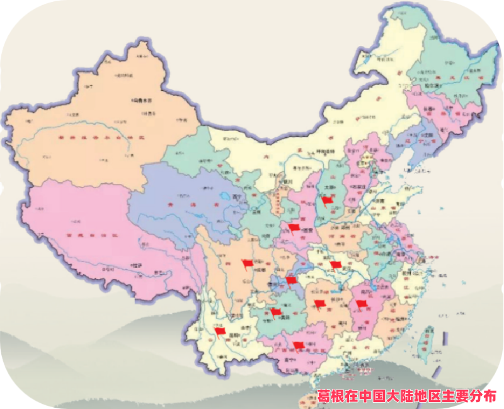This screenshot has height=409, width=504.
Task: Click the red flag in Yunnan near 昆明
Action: pos(219,331)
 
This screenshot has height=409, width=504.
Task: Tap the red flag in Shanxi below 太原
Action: pos(326,201)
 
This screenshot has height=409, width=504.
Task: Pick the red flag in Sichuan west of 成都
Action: pos(247,264)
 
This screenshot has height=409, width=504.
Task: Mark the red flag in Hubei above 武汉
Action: pos(335,265)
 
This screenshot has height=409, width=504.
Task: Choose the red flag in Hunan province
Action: pos(319,304)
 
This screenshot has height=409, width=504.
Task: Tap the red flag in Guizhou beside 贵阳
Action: pos(276,311)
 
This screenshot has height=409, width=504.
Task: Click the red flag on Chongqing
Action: pos(290,280)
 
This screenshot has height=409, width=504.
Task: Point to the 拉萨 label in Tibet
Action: pos(135,265)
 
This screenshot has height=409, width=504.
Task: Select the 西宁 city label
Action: pos(238,197)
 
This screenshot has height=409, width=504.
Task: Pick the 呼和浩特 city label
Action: pos(324,151)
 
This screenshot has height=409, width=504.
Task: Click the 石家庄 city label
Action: pos(359,187)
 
